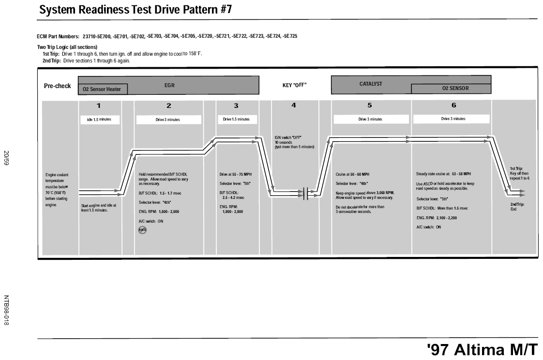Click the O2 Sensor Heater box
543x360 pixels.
[103, 89]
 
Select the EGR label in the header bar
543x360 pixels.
[169, 85]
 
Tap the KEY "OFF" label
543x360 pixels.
[294, 85]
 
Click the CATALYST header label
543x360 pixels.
[371, 84]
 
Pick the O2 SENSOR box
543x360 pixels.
[451, 89]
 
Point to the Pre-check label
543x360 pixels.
[57, 86]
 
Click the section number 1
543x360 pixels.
[99, 106]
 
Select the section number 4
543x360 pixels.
[294, 105]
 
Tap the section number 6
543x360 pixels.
[453, 105]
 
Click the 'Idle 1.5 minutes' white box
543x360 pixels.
[100, 120]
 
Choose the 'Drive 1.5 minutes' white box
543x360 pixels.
[237, 119]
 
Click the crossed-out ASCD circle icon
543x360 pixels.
[142, 230]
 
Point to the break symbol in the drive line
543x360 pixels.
[305, 193]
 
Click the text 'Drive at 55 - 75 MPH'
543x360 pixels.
[236, 175]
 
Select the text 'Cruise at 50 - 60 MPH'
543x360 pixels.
[352, 175]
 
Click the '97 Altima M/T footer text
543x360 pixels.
[483, 349]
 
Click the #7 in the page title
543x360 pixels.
[226, 9]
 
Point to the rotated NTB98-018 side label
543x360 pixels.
[6, 310]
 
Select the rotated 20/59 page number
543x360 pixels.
[6, 158]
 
